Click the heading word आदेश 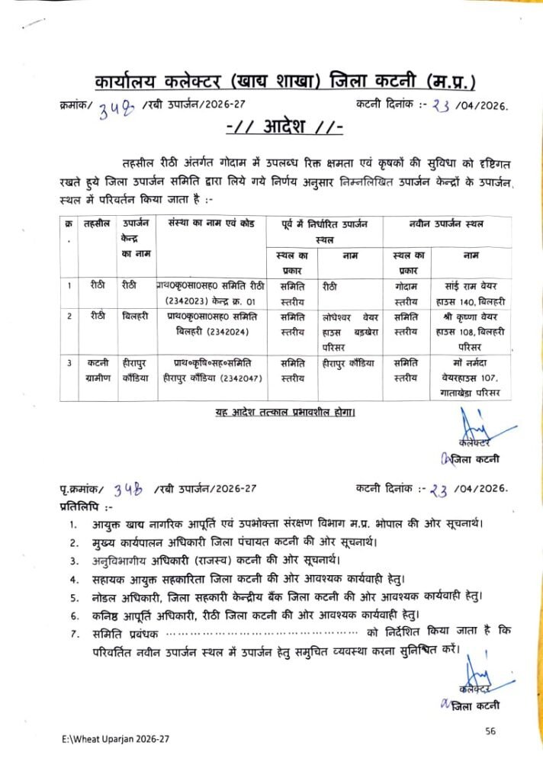(x=290, y=125)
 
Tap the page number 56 (x=490, y=731)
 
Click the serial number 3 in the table (x=69, y=364)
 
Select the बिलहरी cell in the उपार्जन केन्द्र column (x=135, y=315)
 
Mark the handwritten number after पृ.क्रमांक (x=124, y=488)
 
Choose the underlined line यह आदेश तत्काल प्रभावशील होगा (x=284, y=413)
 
